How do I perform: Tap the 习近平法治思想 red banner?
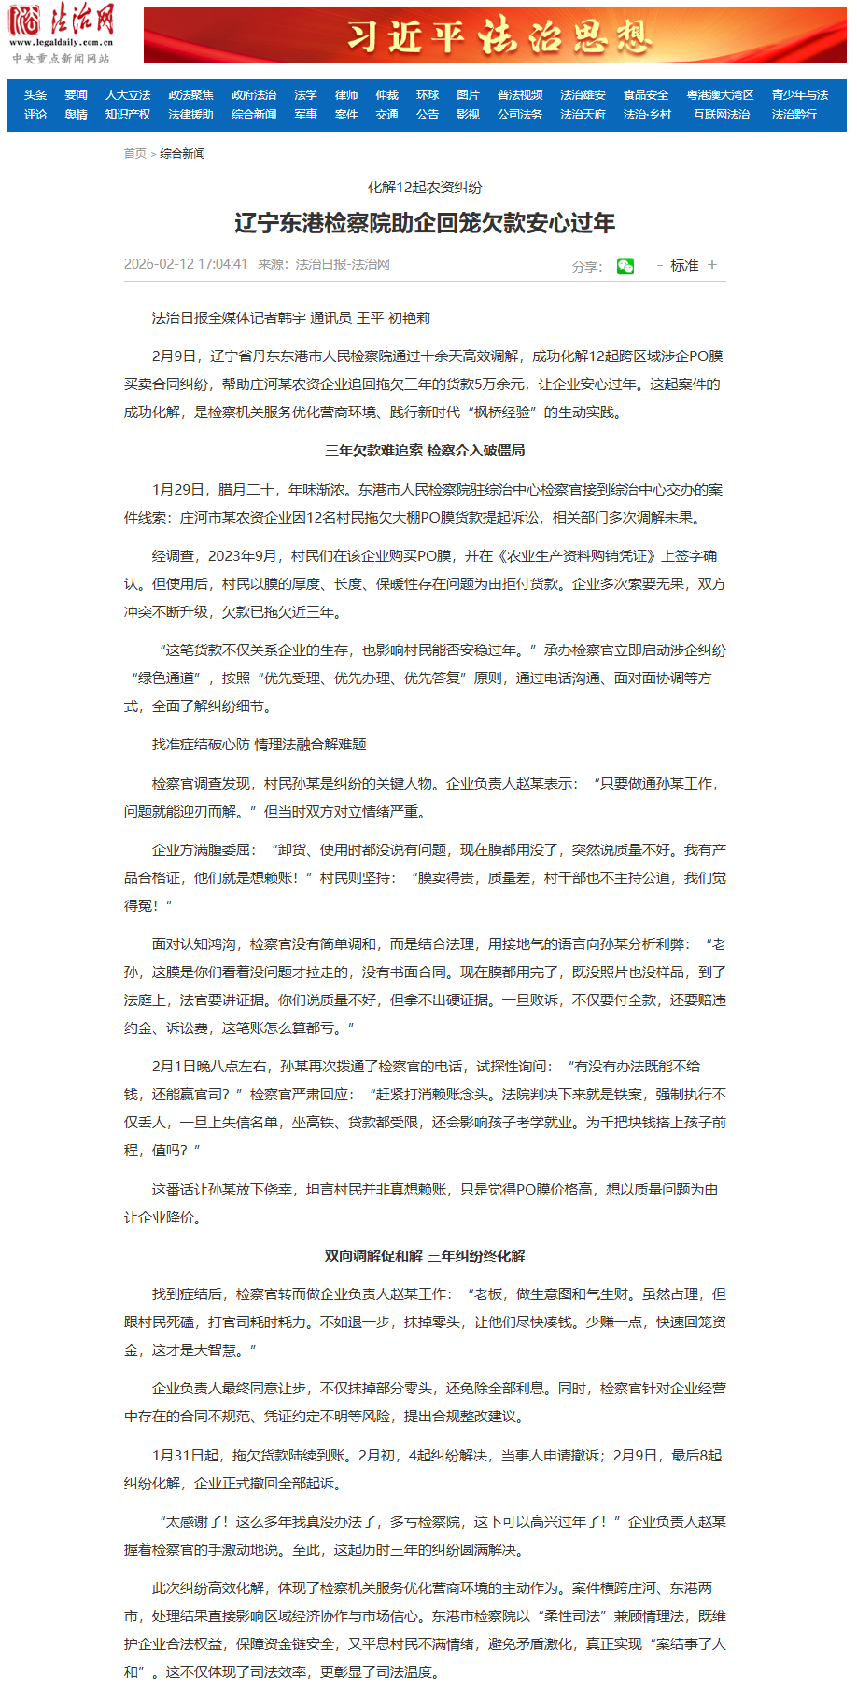(x=495, y=36)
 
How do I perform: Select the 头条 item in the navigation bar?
(x=35, y=95)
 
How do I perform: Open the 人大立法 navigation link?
(x=128, y=95)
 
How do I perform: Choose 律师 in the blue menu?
(x=346, y=95)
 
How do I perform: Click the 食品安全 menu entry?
(x=646, y=95)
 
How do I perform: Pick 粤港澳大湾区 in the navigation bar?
(x=720, y=95)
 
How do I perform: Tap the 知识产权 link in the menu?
(x=128, y=115)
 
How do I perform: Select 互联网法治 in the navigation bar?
(x=721, y=115)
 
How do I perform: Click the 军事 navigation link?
(x=305, y=115)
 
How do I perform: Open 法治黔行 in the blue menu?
(x=794, y=115)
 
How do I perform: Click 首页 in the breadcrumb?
(x=135, y=154)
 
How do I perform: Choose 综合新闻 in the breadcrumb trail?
(x=182, y=154)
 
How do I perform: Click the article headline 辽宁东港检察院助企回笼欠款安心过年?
(x=425, y=223)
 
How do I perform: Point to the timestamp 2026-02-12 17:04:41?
(x=186, y=264)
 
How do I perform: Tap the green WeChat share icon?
(x=625, y=266)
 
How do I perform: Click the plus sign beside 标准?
(x=712, y=265)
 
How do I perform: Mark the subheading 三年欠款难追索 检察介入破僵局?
(x=425, y=451)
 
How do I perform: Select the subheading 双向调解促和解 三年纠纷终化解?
(x=425, y=1256)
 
